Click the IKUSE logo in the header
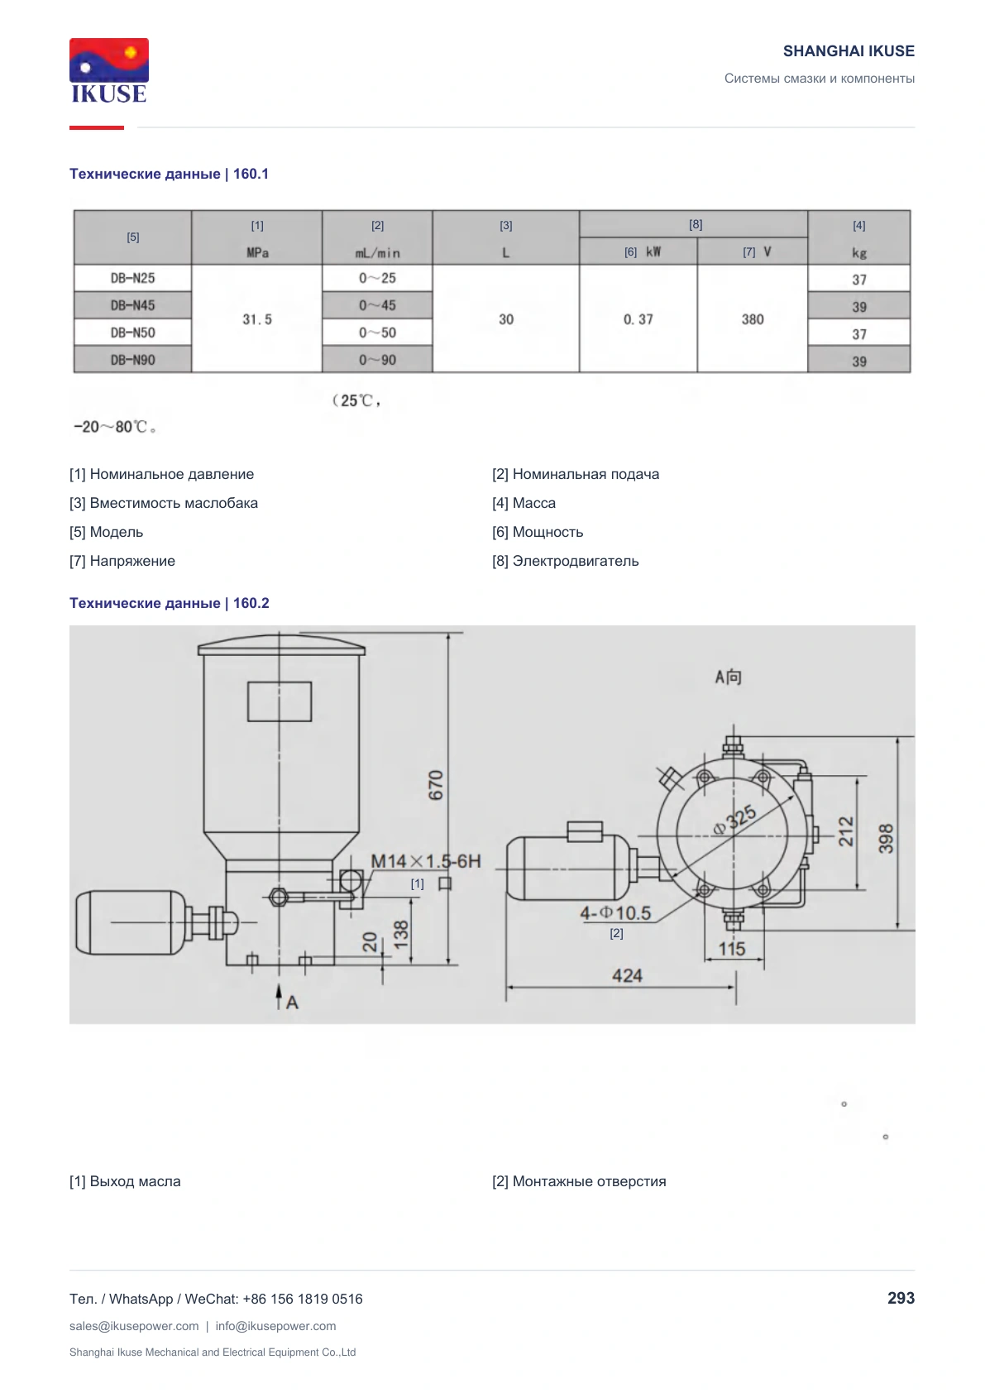(x=109, y=71)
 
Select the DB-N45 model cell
(x=132, y=305)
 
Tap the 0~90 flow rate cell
(x=377, y=360)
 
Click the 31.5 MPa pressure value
(x=257, y=319)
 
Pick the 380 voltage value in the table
(x=753, y=319)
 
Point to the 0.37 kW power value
(x=638, y=319)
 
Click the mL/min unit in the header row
(x=377, y=253)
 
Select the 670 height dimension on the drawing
(x=436, y=785)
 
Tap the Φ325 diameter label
(x=734, y=821)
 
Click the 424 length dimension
(x=627, y=975)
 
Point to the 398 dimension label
(x=886, y=838)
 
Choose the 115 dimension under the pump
(x=731, y=948)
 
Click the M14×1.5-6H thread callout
(x=425, y=861)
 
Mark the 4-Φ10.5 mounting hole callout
(x=615, y=913)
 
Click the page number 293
(x=901, y=1298)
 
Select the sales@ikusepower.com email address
(x=134, y=1326)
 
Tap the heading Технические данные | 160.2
(x=170, y=603)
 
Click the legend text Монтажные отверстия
(x=589, y=1181)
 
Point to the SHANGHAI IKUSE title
(x=849, y=51)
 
